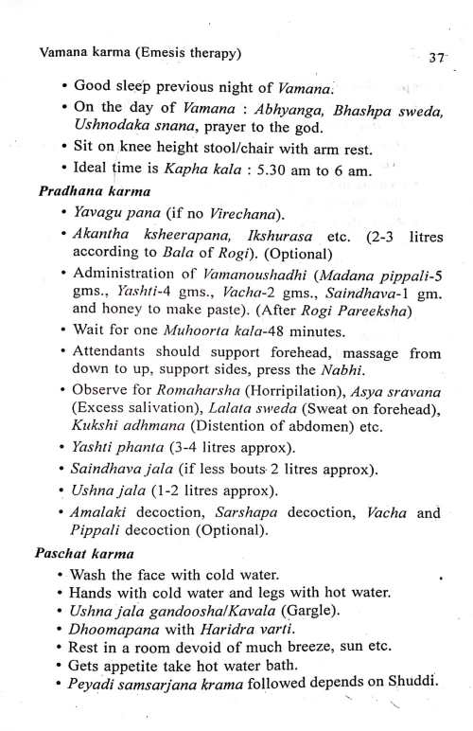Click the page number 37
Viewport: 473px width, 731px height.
[435, 56]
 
